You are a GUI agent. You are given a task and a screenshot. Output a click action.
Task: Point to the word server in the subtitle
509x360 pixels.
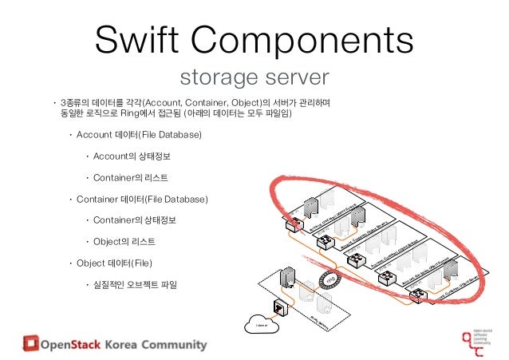coord(297,78)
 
